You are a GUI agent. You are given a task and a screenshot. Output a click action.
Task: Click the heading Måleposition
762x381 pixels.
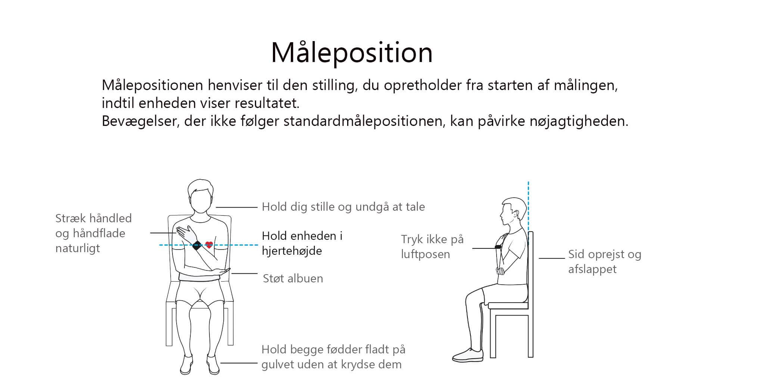(x=352, y=53)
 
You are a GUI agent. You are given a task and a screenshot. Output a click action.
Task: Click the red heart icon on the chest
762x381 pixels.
(x=209, y=245)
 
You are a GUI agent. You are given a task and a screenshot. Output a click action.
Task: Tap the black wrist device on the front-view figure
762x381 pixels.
(x=197, y=245)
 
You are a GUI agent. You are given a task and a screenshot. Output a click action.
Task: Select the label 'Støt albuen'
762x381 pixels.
(x=293, y=278)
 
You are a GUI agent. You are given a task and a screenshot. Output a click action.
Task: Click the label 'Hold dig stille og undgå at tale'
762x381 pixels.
(x=343, y=207)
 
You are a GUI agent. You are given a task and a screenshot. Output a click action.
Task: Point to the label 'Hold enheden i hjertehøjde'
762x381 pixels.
(x=302, y=243)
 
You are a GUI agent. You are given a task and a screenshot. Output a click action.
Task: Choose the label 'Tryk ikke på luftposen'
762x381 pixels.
(x=432, y=247)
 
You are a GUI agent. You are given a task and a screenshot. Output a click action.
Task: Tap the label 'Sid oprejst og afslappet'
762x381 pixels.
(x=605, y=261)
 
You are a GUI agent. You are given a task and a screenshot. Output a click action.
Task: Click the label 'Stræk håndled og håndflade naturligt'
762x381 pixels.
(x=93, y=233)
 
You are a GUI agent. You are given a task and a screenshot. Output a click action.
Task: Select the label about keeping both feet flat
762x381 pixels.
(x=333, y=357)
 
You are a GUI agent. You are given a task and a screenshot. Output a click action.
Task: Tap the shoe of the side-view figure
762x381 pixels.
(x=467, y=355)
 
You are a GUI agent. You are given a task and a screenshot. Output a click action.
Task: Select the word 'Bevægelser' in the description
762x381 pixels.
(x=139, y=121)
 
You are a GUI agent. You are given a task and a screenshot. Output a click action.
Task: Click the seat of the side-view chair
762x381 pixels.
(x=508, y=305)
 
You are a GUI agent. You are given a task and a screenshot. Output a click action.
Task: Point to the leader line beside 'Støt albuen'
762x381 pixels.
(x=245, y=273)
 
